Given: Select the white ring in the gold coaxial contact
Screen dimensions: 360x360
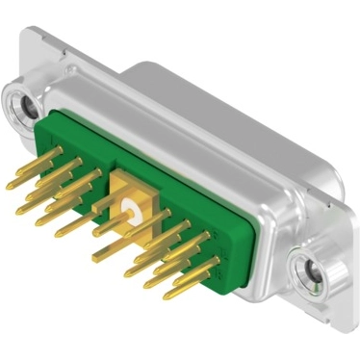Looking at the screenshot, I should (x=128, y=206).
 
